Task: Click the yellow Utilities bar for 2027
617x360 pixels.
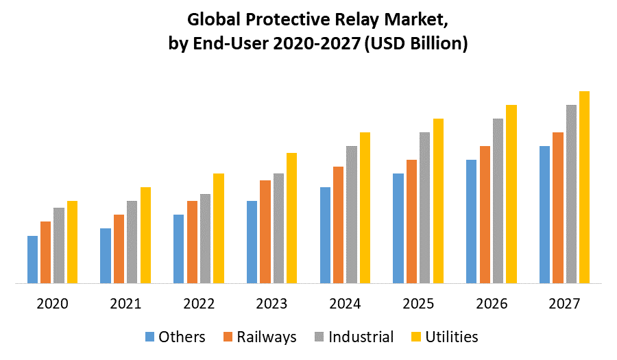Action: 584,187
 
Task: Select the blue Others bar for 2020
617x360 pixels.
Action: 32,259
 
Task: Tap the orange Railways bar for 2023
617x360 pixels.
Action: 265,232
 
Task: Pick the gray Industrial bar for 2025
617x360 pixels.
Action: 424,207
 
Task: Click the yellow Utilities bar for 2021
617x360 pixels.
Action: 145,235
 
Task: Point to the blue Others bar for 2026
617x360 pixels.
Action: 472,221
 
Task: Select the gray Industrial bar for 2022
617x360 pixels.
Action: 205,238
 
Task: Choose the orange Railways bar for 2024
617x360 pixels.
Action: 338,224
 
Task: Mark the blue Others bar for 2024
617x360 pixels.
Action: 325,235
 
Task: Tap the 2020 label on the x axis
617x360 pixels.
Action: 52,303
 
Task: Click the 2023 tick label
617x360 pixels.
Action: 271,303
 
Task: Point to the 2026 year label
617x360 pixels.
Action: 491,303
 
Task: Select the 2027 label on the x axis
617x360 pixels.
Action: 564,303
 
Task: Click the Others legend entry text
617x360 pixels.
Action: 182,337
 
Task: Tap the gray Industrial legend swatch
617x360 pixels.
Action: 318,337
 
